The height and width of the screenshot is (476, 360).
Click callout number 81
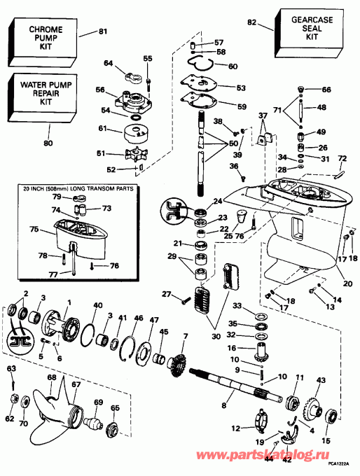pos(104,31)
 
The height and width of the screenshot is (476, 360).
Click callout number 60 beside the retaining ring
pos(233,67)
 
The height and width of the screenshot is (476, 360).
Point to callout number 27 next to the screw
pos(166,294)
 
